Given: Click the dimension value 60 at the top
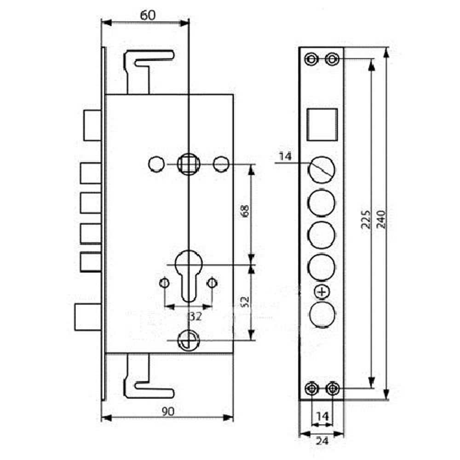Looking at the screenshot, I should [148, 15].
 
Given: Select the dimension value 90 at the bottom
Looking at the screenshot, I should [167, 412].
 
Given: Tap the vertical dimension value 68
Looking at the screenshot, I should [245, 211].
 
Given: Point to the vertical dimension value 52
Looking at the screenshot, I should [245, 301].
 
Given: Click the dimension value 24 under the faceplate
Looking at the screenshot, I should [322, 441].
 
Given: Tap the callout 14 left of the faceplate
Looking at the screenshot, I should [286, 157].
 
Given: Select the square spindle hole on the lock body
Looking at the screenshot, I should [189, 163].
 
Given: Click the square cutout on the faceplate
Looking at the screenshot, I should [322, 125].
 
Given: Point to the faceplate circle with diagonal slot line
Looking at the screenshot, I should [322, 170].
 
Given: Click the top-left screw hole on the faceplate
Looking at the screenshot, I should [311, 59].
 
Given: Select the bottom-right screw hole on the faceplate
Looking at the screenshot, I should [332, 389].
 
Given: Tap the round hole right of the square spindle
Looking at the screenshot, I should [221, 164].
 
